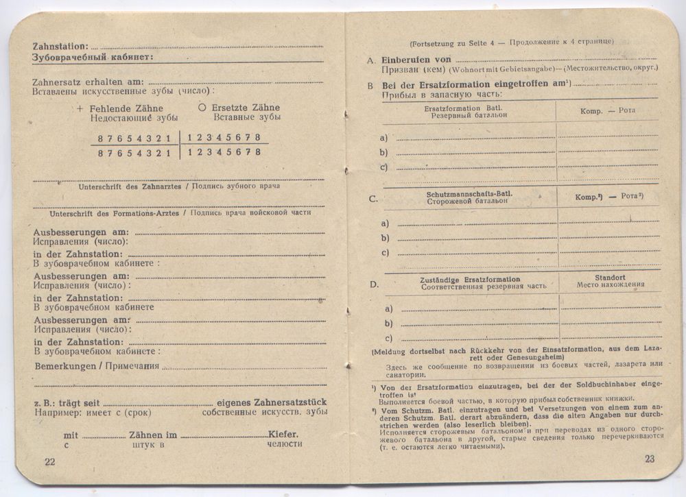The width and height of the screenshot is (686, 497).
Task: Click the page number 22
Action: coord(49,461)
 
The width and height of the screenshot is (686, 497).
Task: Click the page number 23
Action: coord(650,459)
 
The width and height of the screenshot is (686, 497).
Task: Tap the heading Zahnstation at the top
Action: coord(60,46)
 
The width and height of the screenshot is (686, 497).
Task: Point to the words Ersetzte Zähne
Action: coord(246,108)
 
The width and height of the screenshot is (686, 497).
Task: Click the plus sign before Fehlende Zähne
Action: coord(80,108)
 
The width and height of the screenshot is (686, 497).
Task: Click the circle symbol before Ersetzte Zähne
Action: coord(202,108)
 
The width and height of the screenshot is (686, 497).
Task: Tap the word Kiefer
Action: coord(283,435)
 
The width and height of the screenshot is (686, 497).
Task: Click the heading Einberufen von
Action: coord(416,60)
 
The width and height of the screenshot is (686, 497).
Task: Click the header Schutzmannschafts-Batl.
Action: coord(469,194)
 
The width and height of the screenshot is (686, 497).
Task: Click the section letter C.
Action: coord(373,199)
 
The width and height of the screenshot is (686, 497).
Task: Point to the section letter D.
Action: coord(373,284)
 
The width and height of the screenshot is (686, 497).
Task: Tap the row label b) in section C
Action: coord(386,238)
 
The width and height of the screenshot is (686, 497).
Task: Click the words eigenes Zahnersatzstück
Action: coord(271,402)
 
